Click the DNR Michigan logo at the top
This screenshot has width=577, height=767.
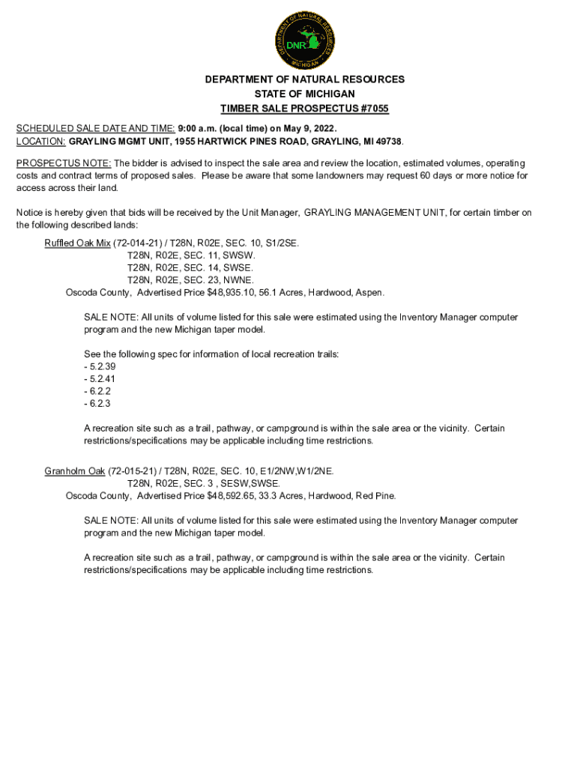pos(304,39)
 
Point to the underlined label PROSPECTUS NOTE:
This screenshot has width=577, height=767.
pos(64,163)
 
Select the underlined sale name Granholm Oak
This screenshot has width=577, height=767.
pos(75,471)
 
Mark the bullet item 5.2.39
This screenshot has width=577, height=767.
pos(100,366)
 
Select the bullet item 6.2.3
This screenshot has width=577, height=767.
pos(97,403)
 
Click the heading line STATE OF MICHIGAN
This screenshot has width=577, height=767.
pos(304,94)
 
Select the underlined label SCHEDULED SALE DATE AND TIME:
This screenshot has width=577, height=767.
pos(96,128)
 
